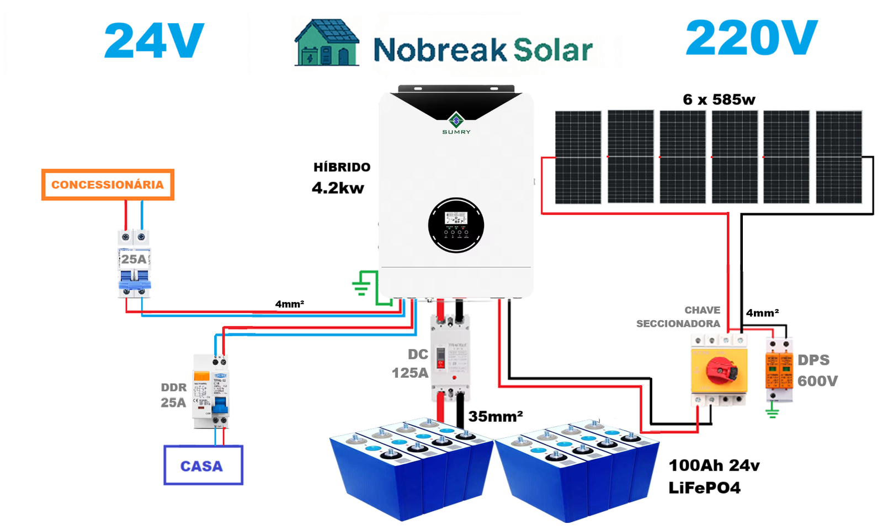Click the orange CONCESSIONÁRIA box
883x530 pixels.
click(x=108, y=184)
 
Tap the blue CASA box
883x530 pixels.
click(x=203, y=465)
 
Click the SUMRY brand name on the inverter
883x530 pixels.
click(x=456, y=132)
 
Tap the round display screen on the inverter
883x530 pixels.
click(x=456, y=225)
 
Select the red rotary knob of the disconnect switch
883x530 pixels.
click(x=721, y=369)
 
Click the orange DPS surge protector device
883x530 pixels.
click(x=779, y=368)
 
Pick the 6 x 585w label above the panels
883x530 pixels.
click(x=719, y=100)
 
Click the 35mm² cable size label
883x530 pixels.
click(x=496, y=416)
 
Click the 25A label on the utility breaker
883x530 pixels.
click(x=134, y=259)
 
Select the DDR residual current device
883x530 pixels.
click(x=211, y=391)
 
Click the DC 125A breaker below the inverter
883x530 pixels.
click(x=450, y=358)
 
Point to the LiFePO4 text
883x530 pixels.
click(x=704, y=488)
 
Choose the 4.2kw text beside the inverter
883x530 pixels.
click(x=338, y=188)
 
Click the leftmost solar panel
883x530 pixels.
click(x=578, y=157)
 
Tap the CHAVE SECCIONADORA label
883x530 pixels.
click(x=678, y=317)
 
